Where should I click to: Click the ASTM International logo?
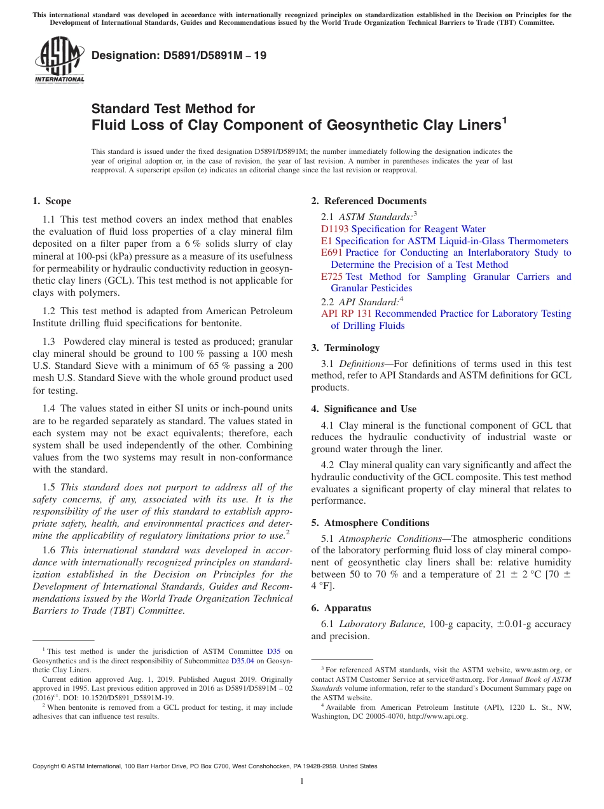coord(59,60)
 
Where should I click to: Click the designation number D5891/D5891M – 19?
coord(179,56)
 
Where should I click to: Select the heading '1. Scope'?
coord(51,201)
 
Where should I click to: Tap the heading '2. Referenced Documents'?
coord(369,201)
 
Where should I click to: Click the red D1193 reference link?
coord(334,229)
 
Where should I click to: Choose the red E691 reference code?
coord(332,252)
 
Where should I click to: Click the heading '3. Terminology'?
coord(352,348)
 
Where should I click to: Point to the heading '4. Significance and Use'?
coord(364,409)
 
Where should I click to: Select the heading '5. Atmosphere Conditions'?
coord(370,523)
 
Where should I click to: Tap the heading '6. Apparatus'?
coord(341,608)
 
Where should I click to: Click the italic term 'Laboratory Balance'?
coord(382,624)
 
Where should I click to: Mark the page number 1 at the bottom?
coord(302,782)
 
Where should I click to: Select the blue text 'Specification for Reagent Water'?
coord(418,229)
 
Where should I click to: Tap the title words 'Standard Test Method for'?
coord(173,109)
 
